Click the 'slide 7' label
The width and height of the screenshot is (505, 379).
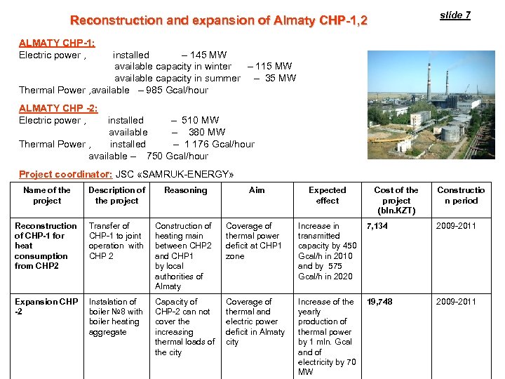coord(455,15)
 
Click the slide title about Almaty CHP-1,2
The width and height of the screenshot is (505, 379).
coord(218,21)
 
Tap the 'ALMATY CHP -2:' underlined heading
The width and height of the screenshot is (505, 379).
coord(59,108)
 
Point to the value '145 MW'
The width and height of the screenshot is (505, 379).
coord(211,55)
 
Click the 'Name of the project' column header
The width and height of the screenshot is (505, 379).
coord(47,195)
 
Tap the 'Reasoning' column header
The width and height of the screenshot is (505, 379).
coord(186,190)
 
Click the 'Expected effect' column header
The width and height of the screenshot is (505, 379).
coord(328,195)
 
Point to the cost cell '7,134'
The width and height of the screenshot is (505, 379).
coord(378,226)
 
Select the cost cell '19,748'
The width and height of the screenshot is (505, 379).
coord(379,302)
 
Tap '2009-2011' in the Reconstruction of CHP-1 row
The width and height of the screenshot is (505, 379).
coord(456,226)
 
